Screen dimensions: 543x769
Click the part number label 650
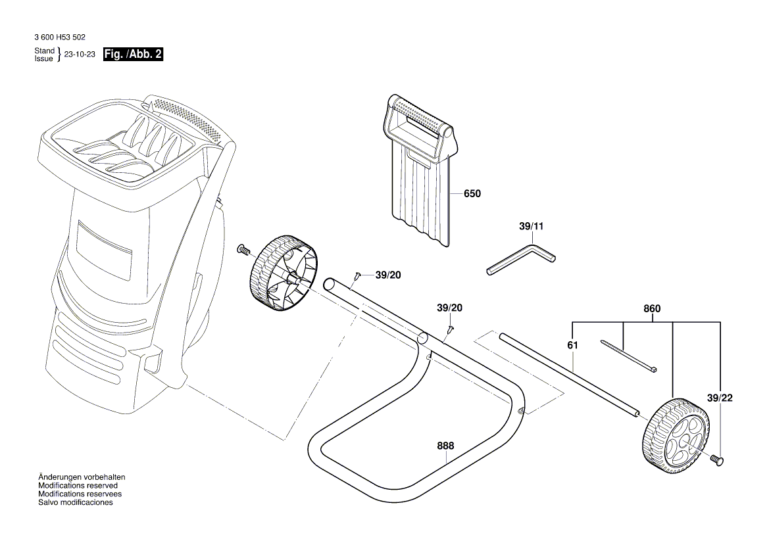[x=472, y=194]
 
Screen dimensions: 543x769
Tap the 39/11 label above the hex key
[x=532, y=226]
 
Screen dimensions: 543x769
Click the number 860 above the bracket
[x=652, y=309]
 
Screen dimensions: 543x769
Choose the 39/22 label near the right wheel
[x=719, y=398]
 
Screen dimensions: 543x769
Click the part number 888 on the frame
[x=445, y=446]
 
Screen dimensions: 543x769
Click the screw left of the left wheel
[x=243, y=249]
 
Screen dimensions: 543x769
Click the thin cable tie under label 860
[x=629, y=356]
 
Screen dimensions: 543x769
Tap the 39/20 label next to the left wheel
[x=387, y=275]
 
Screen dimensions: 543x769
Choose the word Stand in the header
[x=44, y=51]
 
